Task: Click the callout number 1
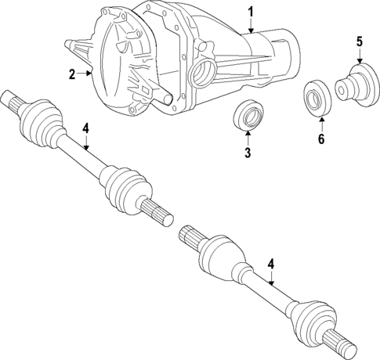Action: (251, 11)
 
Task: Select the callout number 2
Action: (71, 74)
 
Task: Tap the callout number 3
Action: (248, 153)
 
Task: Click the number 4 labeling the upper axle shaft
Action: (86, 128)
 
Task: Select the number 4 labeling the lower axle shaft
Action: (270, 265)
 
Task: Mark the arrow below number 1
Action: (251, 25)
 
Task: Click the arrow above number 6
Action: (320, 124)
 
